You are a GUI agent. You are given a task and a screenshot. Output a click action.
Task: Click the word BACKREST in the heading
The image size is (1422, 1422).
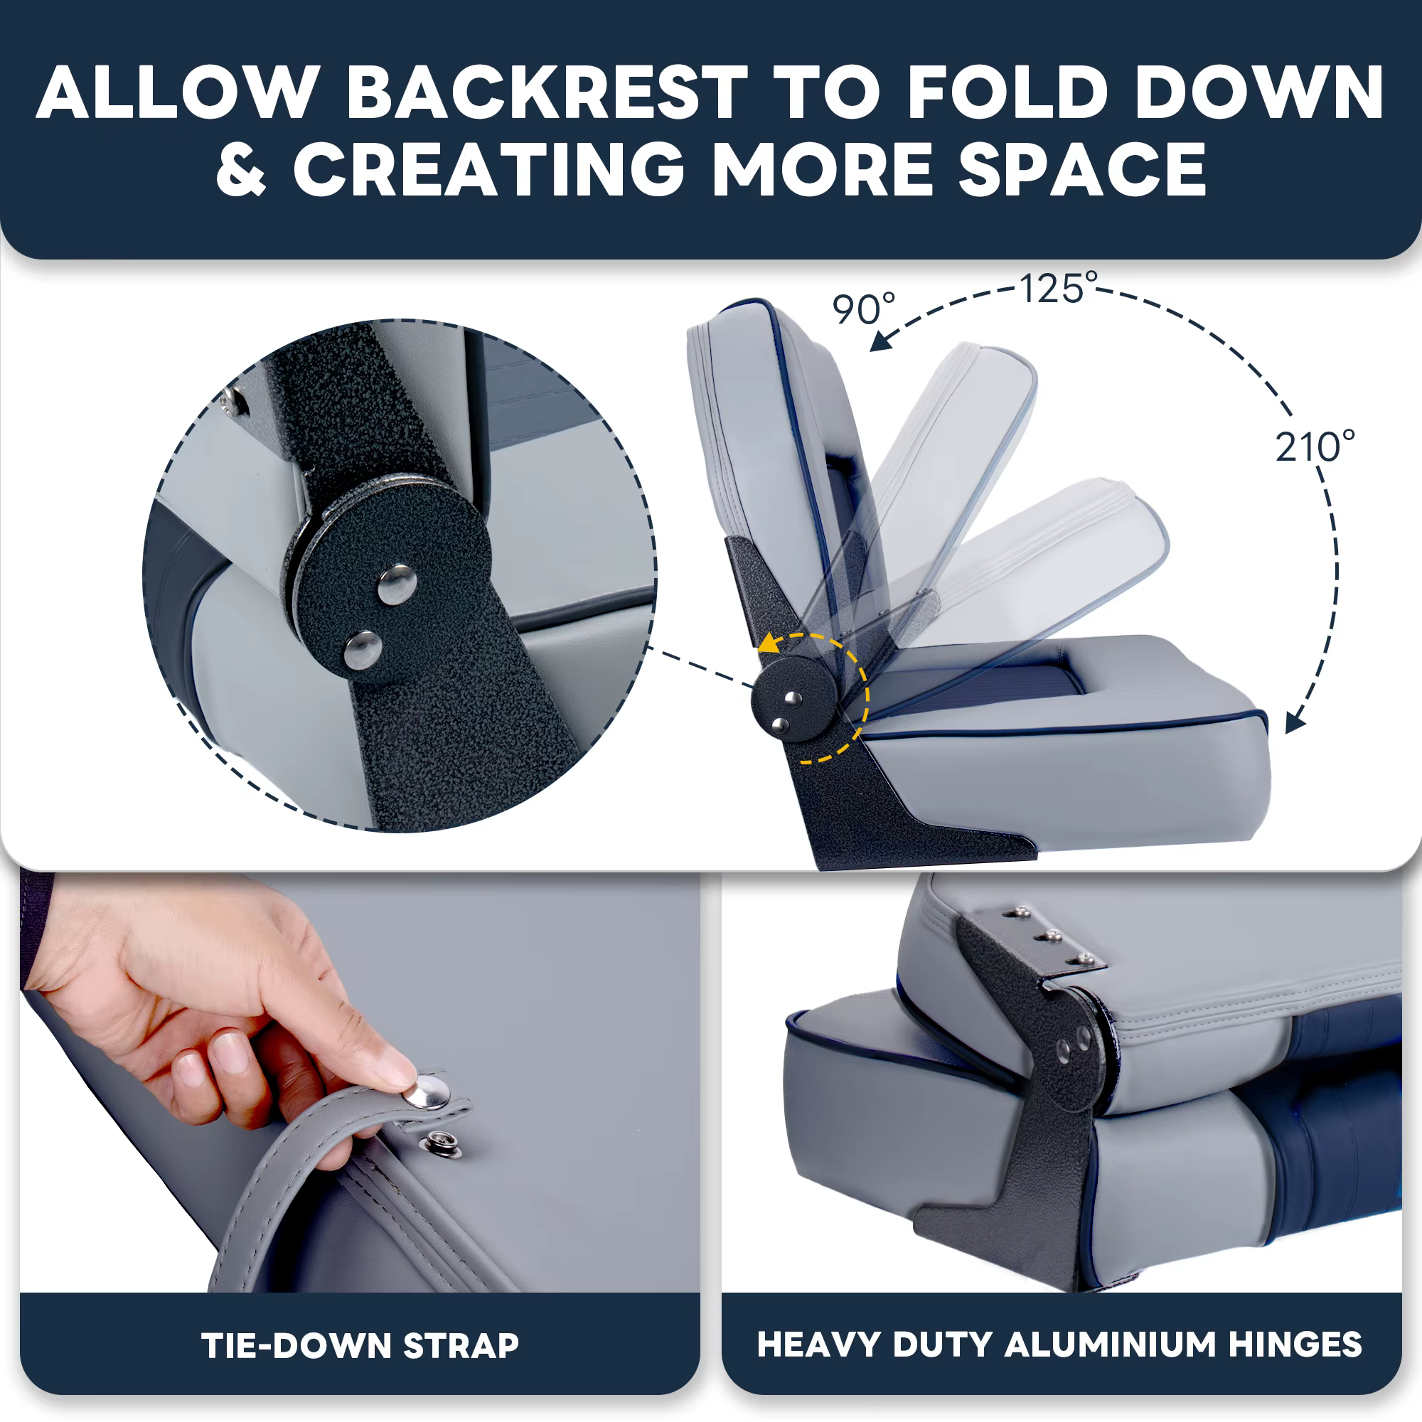[x=547, y=92]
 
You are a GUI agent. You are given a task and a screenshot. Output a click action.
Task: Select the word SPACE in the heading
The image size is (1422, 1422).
[x=1082, y=170]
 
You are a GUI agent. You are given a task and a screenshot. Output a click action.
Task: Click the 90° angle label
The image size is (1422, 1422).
[x=864, y=309]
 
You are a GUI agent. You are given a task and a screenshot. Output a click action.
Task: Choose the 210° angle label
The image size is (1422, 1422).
[x=1315, y=446]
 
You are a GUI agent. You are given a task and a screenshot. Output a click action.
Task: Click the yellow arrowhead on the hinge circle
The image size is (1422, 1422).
[x=770, y=643]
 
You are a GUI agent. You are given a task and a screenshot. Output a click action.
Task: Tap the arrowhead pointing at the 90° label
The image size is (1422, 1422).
[x=882, y=340]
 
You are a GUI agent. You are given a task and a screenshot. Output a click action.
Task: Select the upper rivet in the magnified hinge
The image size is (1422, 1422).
[x=397, y=584]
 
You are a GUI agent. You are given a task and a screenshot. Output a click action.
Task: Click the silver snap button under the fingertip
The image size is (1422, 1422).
[x=426, y=1092]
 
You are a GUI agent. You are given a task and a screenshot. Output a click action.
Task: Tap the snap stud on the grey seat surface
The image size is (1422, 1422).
[x=440, y=1145]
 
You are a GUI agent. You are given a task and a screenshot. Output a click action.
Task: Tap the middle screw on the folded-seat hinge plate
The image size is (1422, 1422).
[x=1051, y=936]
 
